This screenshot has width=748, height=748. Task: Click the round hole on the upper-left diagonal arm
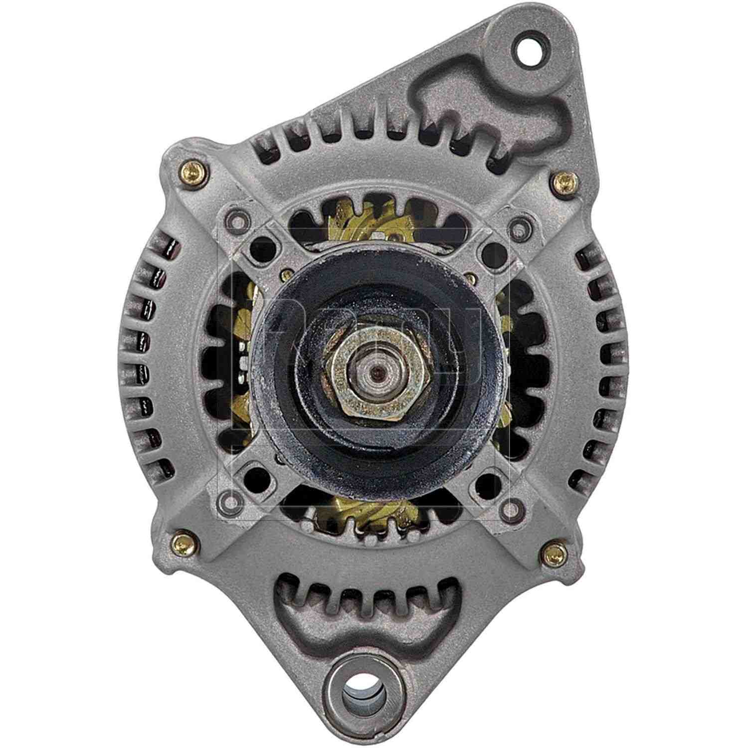(261, 245)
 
